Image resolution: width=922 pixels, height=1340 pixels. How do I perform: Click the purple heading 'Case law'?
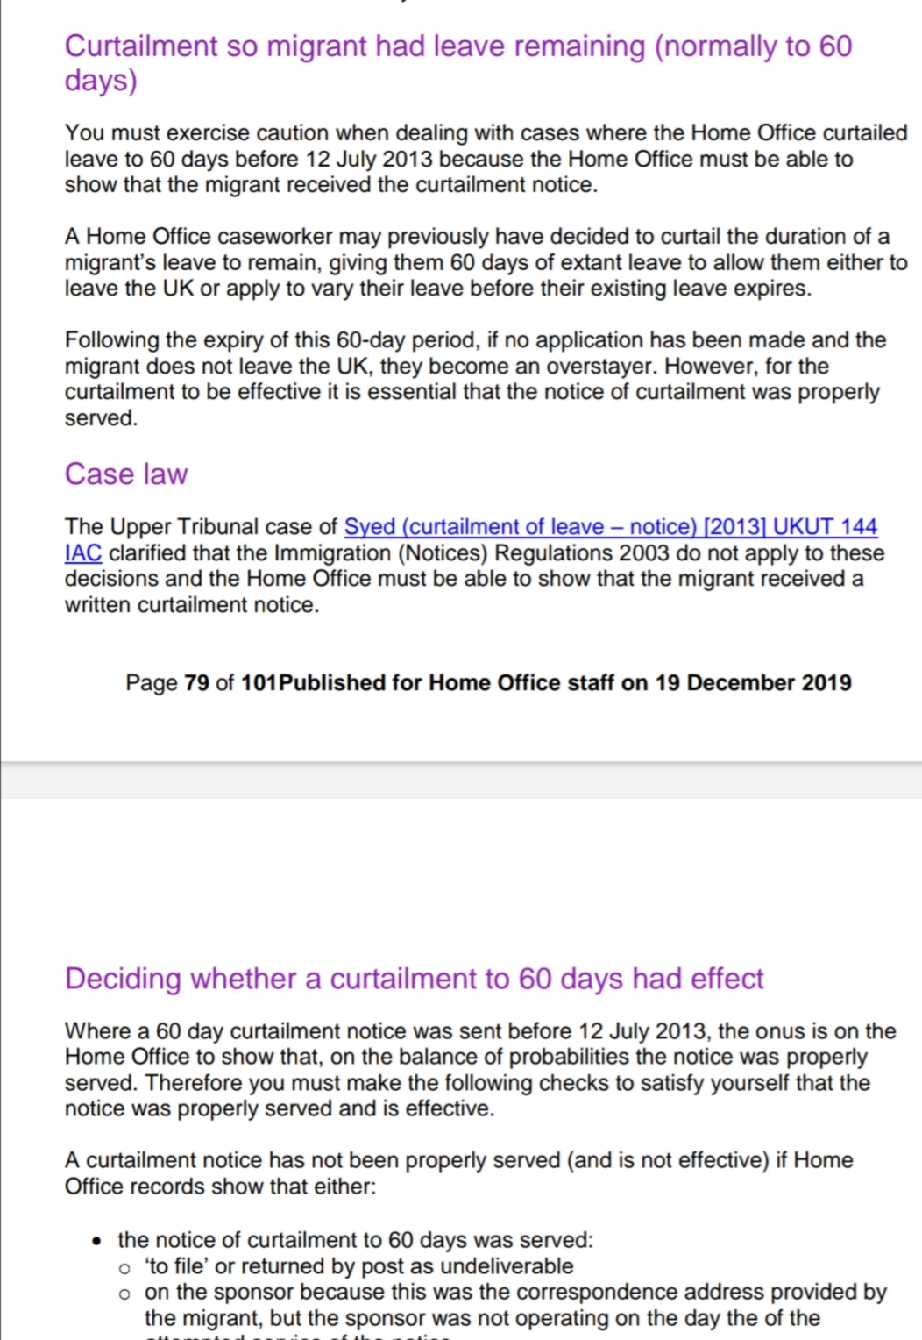126,474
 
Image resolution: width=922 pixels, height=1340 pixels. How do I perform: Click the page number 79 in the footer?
196,682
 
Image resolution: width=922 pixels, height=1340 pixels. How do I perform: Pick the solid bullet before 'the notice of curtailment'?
99,1240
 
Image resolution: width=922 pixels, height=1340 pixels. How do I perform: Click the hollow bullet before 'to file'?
126,1267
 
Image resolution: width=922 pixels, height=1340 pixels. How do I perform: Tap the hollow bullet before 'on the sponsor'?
126,1293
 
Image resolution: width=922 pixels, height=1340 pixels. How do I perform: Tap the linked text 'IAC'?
82,552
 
